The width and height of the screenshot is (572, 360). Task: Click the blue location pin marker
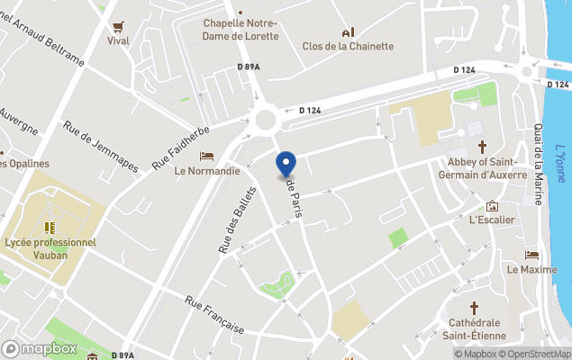click(x=285, y=165)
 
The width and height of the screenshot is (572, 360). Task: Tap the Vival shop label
click(x=118, y=40)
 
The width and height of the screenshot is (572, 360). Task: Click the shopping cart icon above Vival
click(x=118, y=25)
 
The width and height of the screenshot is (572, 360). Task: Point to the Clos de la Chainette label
click(x=348, y=47)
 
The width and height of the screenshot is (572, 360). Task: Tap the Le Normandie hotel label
click(x=207, y=170)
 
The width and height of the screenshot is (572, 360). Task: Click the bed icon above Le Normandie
click(x=207, y=156)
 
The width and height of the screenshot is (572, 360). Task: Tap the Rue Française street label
click(x=214, y=315)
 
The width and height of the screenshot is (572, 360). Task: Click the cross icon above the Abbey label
click(x=482, y=146)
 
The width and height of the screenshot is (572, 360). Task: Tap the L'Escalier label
click(x=492, y=220)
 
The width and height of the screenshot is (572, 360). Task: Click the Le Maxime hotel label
click(x=531, y=269)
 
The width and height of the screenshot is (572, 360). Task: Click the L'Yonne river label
click(x=559, y=162)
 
